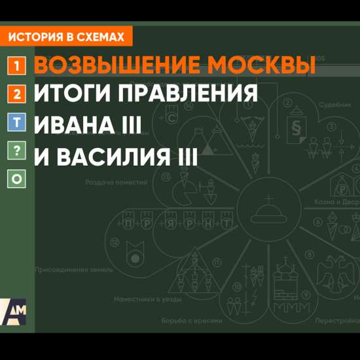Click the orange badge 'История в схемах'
pyautogui.click(x=67, y=37)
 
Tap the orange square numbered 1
pyautogui.click(x=18, y=65)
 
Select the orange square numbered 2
pyautogui.click(x=18, y=95)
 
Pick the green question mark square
pyautogui.click(x=18, y=151)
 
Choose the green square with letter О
pyautogui.click(x=18, y=178)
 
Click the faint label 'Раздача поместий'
pyautogui.click(x=117, y=182)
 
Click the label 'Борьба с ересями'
pyautogui.click(x=192, y=321)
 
